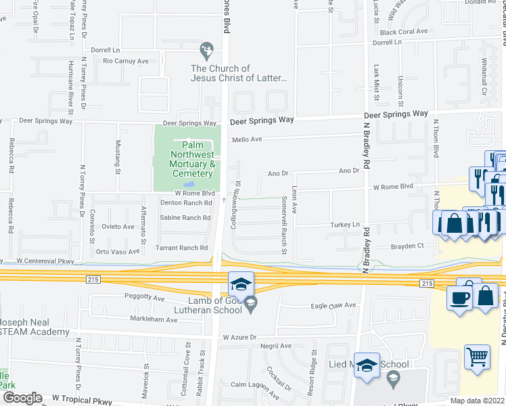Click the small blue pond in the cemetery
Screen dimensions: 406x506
[x=190, y=184]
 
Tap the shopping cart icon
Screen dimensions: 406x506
[x=478, y=357]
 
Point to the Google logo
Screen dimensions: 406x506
[x=22, y=398]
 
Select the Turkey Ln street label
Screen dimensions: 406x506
[x=345, y=225]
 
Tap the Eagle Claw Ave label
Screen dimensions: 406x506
[x=333, y=305]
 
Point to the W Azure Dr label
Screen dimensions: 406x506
[x=239, y=337]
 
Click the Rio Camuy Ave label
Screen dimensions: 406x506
[x=125, y=61]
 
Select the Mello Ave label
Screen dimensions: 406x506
[x=247, y=139]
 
